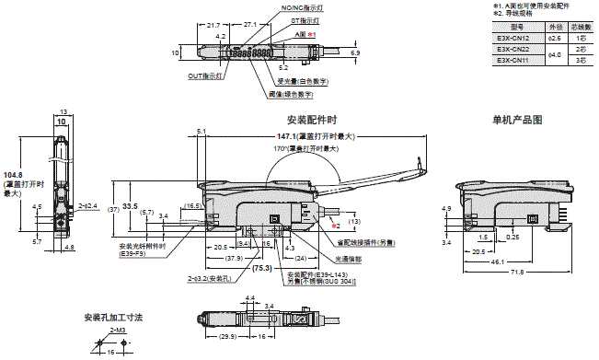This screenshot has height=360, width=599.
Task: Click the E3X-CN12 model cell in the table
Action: click(513, 39)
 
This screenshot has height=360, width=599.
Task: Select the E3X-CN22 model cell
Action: click(513, 50)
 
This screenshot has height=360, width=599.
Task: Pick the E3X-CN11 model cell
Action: click(513, 61)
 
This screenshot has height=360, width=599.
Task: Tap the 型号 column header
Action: click(512, 28)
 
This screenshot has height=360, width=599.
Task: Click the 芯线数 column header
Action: click(581, 28)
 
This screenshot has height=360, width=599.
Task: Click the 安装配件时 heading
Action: click(312, 120)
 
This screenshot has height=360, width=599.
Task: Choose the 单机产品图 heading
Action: click(517, 120)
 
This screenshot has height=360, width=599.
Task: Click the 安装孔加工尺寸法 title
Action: click(113, 317)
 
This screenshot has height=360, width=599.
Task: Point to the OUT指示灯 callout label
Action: click(205, 76)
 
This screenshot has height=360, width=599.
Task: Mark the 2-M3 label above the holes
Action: click(118, 329)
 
